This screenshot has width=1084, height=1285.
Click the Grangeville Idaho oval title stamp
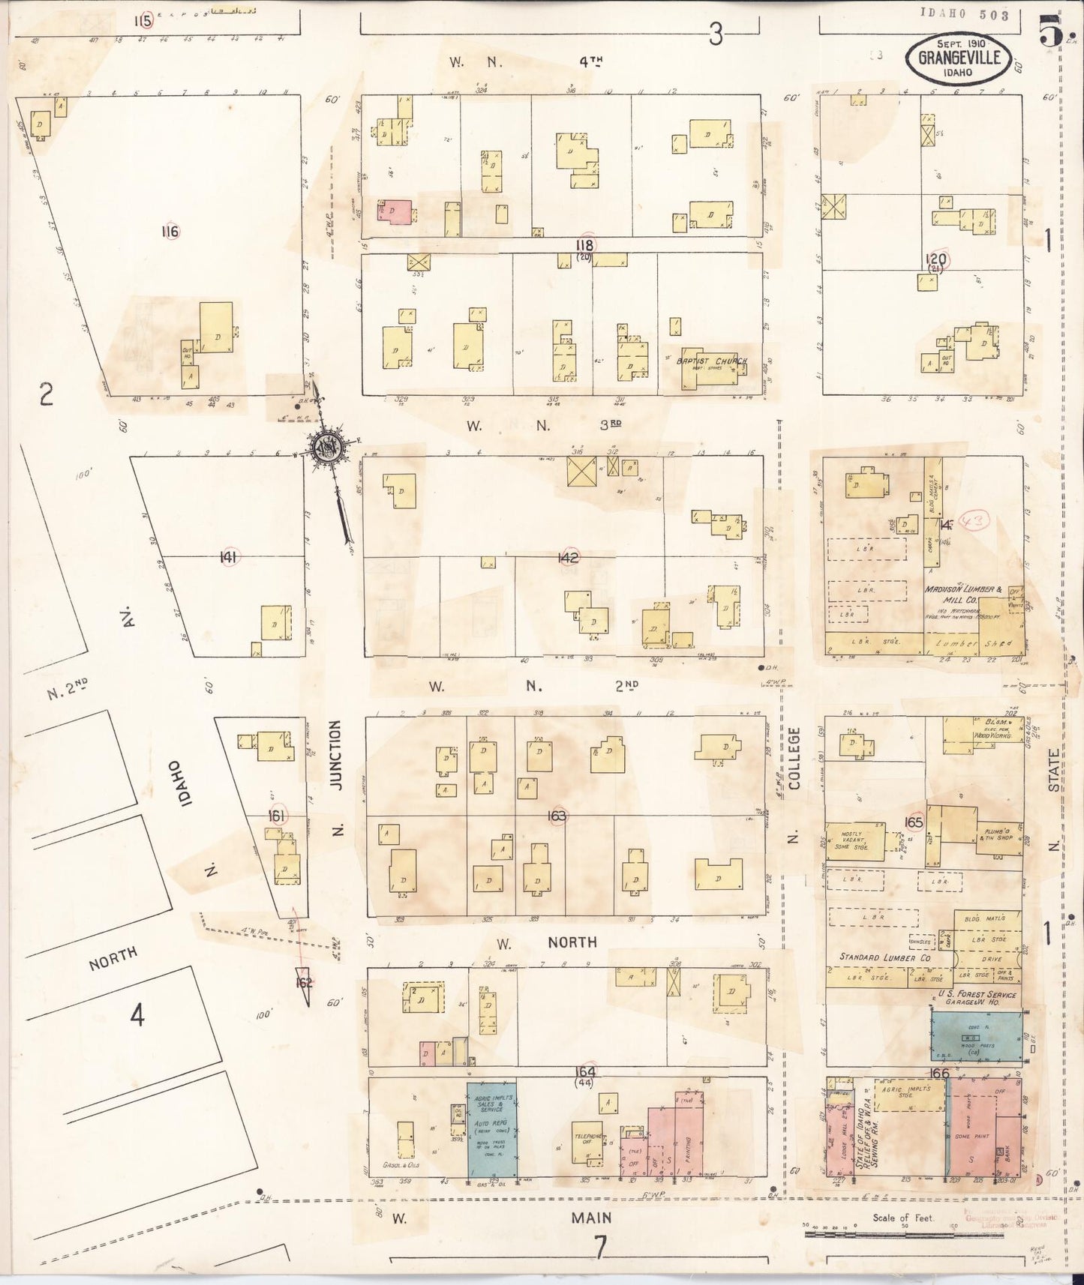point(958,58)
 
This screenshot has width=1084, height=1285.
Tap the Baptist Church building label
point(712,361)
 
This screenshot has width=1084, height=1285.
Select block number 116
point(170,232)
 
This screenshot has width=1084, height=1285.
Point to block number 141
point(228,557)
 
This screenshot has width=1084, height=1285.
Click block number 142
point(569,557)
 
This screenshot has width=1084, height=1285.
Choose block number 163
point(557,816)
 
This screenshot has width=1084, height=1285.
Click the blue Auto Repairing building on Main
point(492,1129)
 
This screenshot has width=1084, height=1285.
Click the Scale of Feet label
point(902,1218)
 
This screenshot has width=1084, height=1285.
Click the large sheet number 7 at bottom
point(599,1247)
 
